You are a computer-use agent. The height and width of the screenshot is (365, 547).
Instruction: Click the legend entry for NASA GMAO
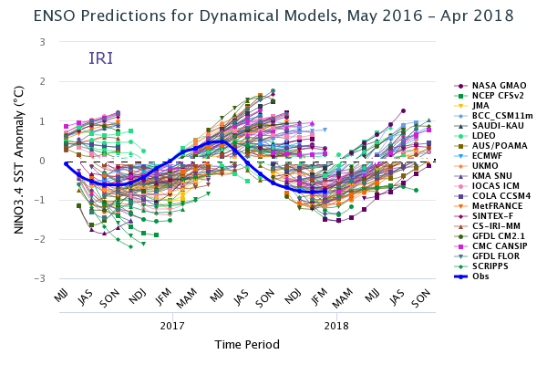pyautogui.click(x=490, y=86)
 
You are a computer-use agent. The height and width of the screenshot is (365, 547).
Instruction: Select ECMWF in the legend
pyautogui.click(x=479, y=156)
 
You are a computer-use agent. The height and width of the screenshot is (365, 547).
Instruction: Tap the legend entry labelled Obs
pyautogui.click(x=471, y=276)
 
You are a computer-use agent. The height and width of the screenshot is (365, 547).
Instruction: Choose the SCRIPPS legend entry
pyautogui.click(x=480, y=266)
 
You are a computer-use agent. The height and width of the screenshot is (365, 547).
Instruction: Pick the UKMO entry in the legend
pyautogui.click(x=476, y=166)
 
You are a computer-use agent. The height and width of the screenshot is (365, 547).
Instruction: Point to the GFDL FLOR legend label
pyautogui.click(x=487, y=256)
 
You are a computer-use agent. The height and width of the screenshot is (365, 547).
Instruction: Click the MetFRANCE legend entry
pyautogui.click(x=488, y=206)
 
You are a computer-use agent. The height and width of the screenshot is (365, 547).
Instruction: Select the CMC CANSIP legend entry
pyautogui.click(x=490, y=245)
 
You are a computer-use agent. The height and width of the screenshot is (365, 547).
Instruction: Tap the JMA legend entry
pyautogui.click(x=471, y=106)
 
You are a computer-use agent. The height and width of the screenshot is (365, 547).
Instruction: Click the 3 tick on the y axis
pyautogui.click(x=43, y=42)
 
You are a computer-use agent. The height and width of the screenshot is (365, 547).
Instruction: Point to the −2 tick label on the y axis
pyautogui.click(x=40, y=240)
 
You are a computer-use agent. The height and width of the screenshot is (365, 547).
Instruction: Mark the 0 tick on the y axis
pyautogui.click(x=43, y=161)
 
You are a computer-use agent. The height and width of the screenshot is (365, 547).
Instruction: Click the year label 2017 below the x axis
pyautogui.click(x=172, y=326)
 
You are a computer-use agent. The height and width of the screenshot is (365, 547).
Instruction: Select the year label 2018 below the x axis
pyautogui.click(x=336, y=326)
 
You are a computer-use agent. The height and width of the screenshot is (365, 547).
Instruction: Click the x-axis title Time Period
pyautogui.click(x=247, y=345)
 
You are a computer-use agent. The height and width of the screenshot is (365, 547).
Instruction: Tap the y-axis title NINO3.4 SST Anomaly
pyautogui.click(x=19, y=160)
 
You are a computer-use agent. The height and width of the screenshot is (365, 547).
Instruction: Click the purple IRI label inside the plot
pyautogui.click(x=101, y=58)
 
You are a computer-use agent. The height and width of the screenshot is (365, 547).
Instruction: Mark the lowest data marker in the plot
pyautogui.click(x=130, y=247)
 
